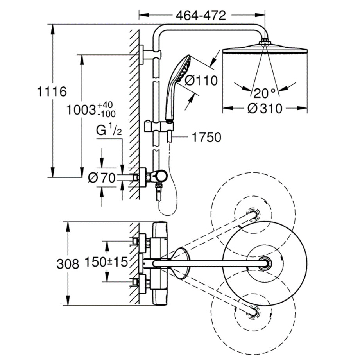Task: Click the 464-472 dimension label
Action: (x=201, y=16)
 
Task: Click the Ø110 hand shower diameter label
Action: (x=201, y=81)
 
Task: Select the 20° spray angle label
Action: (x=264, y=93)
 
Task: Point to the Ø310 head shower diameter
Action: (x=265, y=108)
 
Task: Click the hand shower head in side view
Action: (x=183, y=68)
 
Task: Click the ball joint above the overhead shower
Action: (x=266, y=40)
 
